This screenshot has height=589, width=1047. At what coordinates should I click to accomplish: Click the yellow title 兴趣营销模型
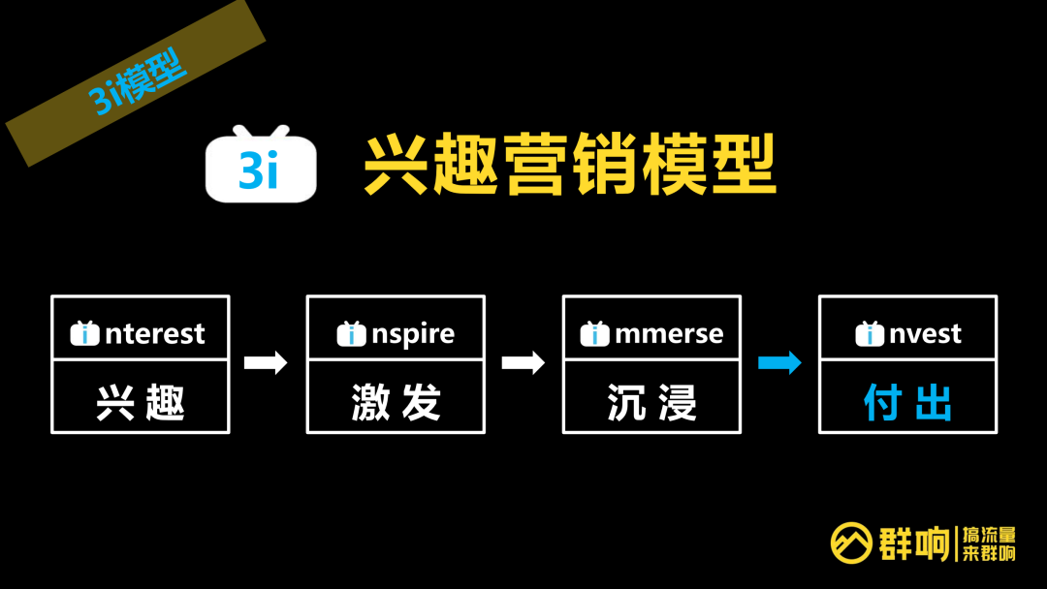(x=570, y=167)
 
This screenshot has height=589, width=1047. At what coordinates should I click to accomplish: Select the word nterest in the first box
(x=155, y=334)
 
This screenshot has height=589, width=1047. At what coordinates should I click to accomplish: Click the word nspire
(x=413, y=334)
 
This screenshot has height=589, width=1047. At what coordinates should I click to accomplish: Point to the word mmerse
(x=669, y=334)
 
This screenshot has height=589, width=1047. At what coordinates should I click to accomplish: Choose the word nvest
(x=925, y=334)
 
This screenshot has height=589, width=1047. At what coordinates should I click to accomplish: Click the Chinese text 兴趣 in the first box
(x=141, y=402)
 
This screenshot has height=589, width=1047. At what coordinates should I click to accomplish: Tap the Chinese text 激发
(x=396, y=402)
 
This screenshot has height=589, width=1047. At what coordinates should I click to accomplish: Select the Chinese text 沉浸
(x=651, y=402)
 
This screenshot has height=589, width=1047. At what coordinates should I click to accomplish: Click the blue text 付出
(x=907, y=402)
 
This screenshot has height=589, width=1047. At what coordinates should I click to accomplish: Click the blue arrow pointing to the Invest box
(x=779, y=363)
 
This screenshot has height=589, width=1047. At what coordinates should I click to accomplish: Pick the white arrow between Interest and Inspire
(x=266, y=363)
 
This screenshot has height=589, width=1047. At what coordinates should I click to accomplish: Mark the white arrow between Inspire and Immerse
(x=523, y=363)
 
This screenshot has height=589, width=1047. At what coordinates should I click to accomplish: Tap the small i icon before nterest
(x=85, y=334)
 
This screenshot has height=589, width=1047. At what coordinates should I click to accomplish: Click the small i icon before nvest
(x=870, y=334)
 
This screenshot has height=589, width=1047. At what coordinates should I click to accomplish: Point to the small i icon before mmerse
(x=594, y=334)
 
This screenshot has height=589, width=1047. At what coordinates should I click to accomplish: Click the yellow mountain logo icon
(x=851, y=543)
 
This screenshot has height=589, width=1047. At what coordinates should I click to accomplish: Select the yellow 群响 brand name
(x=914, y=543)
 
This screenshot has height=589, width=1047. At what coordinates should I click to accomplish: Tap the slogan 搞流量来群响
(x=988, y=543)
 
